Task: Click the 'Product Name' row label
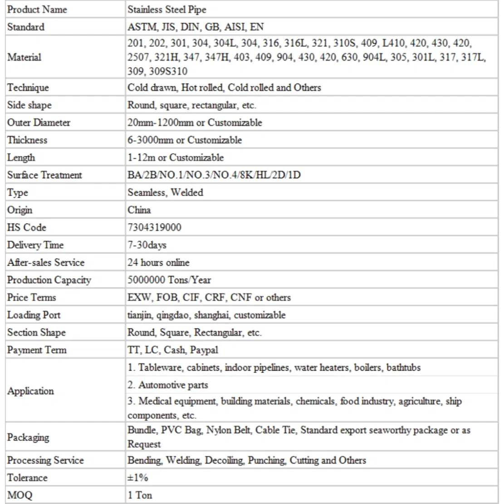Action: pos(37,10)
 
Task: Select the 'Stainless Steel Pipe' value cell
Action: pos(166,10)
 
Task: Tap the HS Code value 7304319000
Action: pos(154,227)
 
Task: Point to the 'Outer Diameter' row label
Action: pos(39,122)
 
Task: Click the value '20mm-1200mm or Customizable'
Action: pos(195,122)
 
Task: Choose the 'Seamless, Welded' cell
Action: pos(165,192)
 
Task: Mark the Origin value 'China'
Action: pos(139,210)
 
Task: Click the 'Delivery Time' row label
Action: pos(35,245)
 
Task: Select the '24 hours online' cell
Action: pos(158,262)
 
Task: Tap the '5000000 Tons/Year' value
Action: pos(169,280)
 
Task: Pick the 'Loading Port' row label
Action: pos(34,315)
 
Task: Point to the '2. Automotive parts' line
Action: pos(168,385)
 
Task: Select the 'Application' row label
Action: pos(30,391)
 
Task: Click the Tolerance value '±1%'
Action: pos(137,478)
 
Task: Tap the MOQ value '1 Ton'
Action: pos(140,495)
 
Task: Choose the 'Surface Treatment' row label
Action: pos(44,175)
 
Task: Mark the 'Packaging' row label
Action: pos(28,437)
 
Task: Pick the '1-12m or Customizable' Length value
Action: pos(176,157)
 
